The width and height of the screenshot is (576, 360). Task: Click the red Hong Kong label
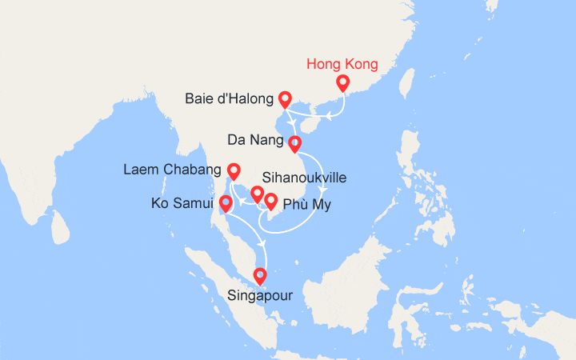click(342, 64)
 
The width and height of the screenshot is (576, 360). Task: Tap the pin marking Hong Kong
click(343, 83)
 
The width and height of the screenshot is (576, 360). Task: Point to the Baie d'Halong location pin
click(285, 100)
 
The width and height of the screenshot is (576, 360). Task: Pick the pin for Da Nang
click(294, 145)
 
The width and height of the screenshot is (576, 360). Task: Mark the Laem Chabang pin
click(234, 171)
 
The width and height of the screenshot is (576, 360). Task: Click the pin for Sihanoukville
click(257, 194)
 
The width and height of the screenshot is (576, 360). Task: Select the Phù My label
click(306, 205)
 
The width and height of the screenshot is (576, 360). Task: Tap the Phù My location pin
click(271, 202)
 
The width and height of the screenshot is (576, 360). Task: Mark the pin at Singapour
click(259, 277)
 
